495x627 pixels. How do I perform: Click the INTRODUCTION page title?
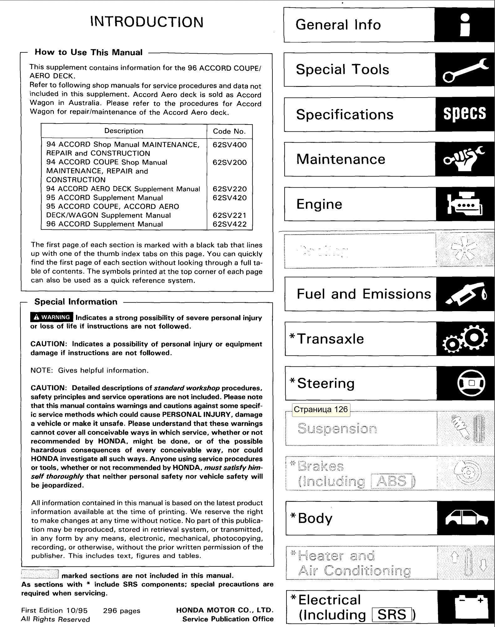147,22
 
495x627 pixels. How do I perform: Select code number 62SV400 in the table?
229,145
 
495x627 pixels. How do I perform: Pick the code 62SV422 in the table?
229,224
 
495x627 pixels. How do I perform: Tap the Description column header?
124,131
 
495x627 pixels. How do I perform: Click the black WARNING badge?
52,317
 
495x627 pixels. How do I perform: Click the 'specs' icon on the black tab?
465,114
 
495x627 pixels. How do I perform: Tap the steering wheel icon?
471,383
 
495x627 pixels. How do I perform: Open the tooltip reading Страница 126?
321,410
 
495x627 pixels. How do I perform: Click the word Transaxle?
330,339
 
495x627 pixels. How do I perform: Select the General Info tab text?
338,25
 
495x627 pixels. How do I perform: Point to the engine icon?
465,204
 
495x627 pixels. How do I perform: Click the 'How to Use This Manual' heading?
89,52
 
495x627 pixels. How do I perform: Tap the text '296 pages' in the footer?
121,611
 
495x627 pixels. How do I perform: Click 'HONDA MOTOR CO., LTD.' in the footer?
225,610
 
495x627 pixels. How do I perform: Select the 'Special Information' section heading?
76,302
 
